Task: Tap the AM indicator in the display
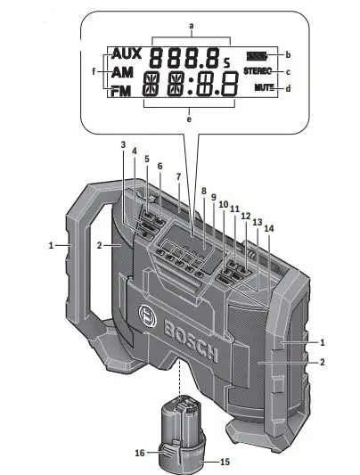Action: click(122, 73)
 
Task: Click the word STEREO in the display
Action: click(257, 71)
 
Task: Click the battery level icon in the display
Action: click(258, 54)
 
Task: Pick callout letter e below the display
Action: click(190, 117)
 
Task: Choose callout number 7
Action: click(178, 177)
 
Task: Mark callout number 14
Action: click(268, 229)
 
